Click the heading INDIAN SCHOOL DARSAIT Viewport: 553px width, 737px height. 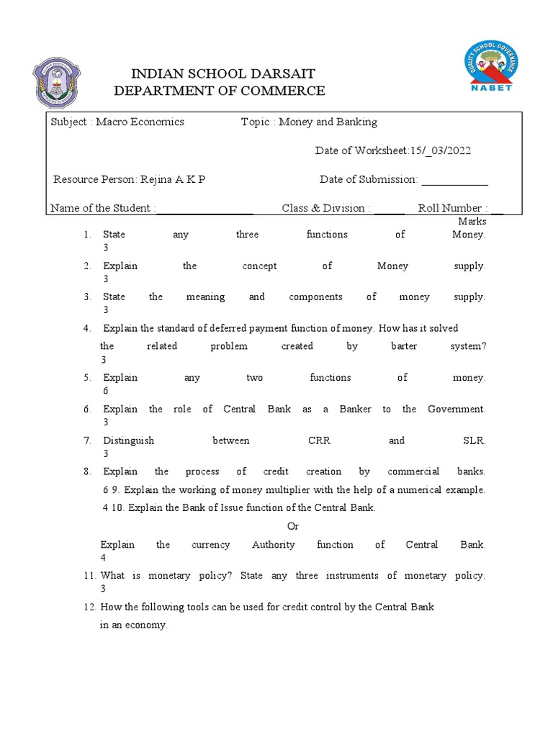point(222,74)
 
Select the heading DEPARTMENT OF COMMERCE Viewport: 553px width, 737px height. point(220,91)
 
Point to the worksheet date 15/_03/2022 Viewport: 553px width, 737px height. point(441,150)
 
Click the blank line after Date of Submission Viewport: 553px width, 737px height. point(454,180)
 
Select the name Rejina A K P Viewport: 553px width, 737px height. point(172,179)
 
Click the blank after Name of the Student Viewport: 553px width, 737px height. point(204,209)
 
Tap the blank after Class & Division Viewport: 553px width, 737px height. point(390,209)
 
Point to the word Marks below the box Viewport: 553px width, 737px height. point(472,222)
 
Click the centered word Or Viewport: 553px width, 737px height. point(292,526)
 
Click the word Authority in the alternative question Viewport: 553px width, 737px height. point(273,544)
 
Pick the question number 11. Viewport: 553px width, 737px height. point(89,576)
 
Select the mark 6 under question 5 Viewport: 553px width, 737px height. point(106,390)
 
